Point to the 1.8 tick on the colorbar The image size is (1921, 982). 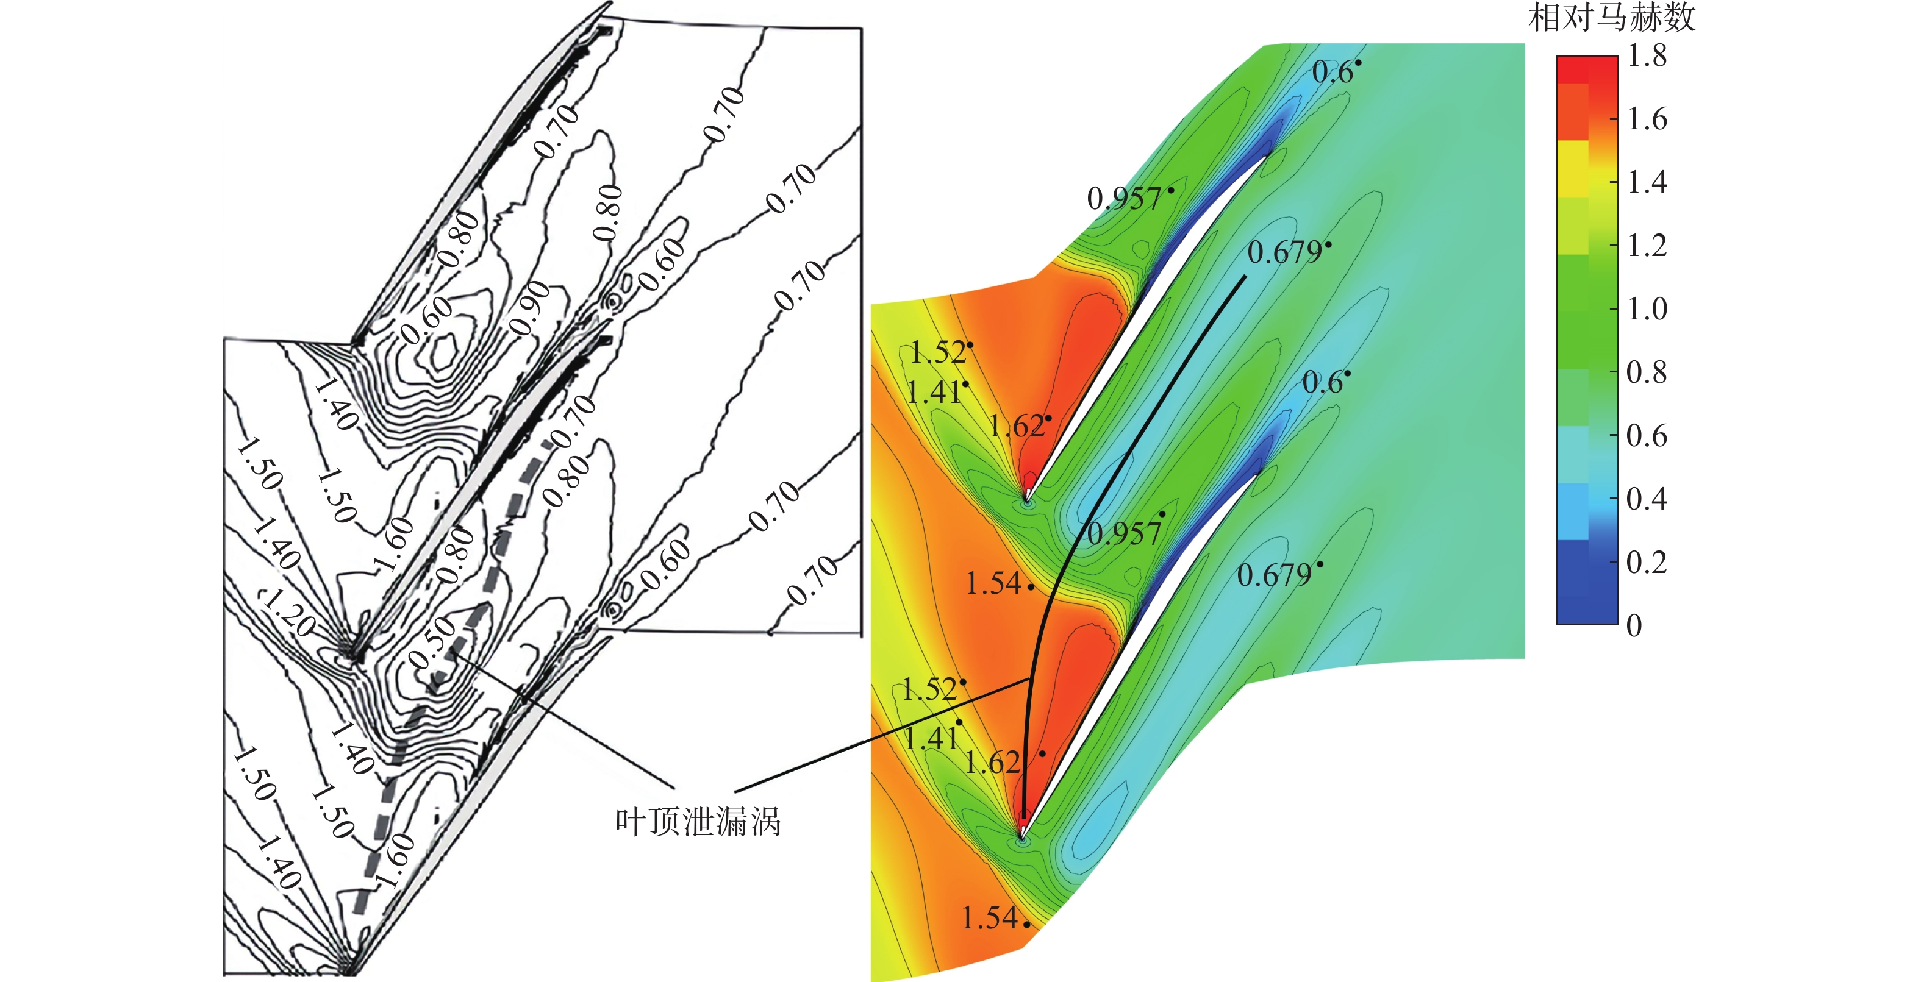click(x=1647, y=56)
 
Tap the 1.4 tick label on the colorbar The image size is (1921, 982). click(x=1647, y=182)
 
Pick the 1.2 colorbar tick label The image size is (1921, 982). click(x=1647, y=245)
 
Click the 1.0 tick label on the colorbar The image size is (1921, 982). click(x=1647, y=308)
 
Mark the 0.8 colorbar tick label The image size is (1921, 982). click(x=1647, y=372)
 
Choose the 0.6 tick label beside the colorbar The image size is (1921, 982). click(x=1647, y=435)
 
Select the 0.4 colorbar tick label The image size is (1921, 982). click(x=1647, y=498)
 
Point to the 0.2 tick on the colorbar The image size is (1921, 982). click(x=1647, y=561)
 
